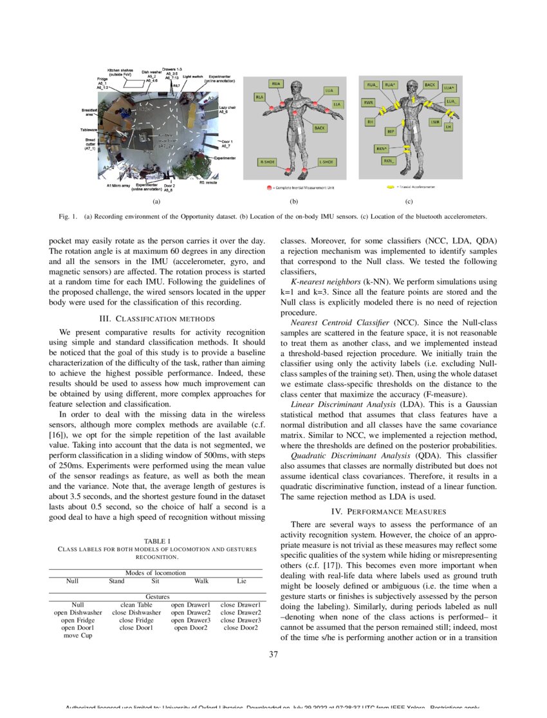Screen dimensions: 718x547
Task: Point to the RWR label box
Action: point(369,102)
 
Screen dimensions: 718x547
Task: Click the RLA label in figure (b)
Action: point(260,97)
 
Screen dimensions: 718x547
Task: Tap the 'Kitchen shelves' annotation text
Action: point(120,71)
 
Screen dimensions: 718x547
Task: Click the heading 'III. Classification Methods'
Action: point(157,318)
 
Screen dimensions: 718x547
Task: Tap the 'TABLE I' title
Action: point(157,540)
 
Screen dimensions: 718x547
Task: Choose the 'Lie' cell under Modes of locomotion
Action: point(241,580)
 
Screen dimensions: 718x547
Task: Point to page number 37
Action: point(273,656)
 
